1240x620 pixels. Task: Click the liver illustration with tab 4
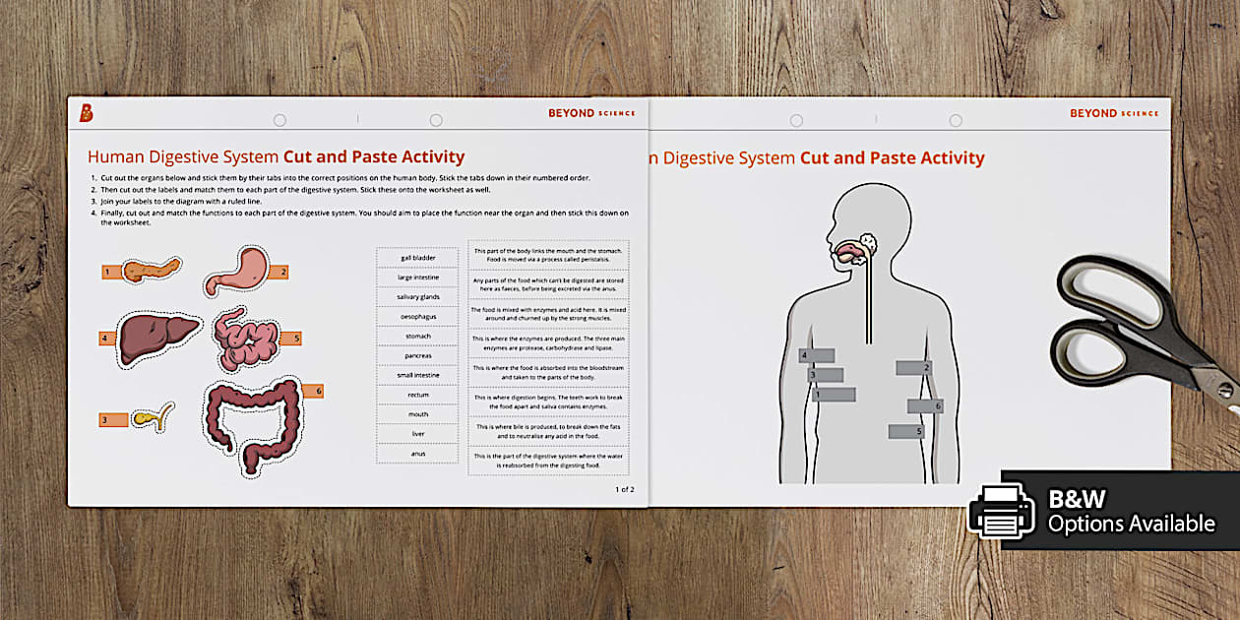pyautogui.click(x=157, y=338)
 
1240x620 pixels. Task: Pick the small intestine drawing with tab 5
pyautogui.click(x=246, y=338)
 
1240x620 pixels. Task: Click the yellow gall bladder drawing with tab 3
pyautogui.click(x=157, y=416)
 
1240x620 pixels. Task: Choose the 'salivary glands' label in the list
pyautogui.click(x=417, y=296)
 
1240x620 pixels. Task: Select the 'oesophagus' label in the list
pyautogui.click(x=417, y=316)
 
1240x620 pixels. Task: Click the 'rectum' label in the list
pyautogui.click(x=417, y=395)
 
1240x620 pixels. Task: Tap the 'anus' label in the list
pyautogui.click(x=417, y=454)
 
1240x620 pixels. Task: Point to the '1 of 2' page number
pyautogui.click(x=625, y=489)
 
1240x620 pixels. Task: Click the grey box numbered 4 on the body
pyautogui.click(x=817, y=355)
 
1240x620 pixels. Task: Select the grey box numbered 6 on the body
pyautogui.click(x=925, y=405)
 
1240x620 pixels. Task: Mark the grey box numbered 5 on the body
pyautogui.click(x=906, y=431)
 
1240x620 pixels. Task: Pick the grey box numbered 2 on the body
pyautogui.click(x=913, y=367)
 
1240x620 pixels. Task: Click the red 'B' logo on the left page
pyautogui.click(x=87, y=113)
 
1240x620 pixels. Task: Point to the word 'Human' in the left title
pyautogui.click(x=113, y=156)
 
